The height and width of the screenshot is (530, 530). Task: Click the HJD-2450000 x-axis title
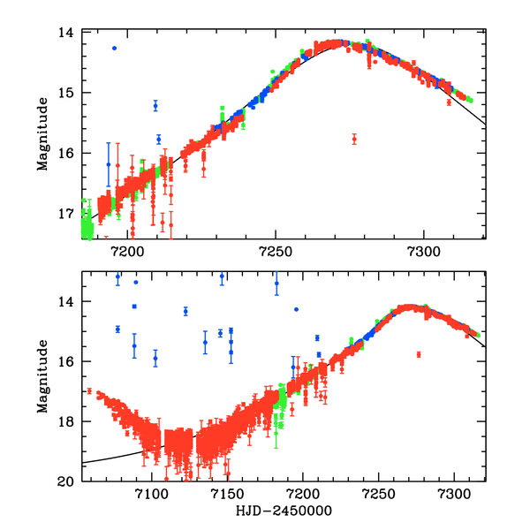coord(283,511)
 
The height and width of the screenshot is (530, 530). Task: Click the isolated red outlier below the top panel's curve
coord(354,139)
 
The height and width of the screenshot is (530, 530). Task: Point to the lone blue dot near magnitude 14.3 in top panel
coord(114,48)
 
